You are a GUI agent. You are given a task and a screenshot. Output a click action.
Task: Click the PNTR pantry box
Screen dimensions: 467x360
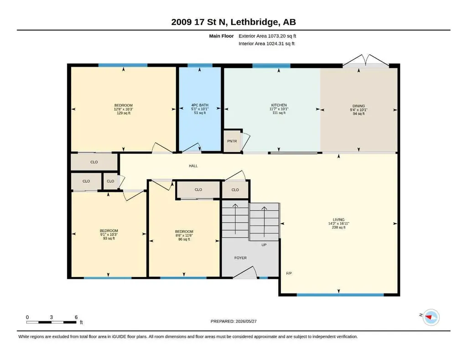(232, 141)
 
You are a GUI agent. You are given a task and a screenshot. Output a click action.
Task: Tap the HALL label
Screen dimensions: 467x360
(193, 166)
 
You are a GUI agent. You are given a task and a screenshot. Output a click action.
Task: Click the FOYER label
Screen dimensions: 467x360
(240, 258)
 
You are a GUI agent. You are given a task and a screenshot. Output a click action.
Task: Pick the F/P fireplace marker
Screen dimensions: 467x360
(289, 273)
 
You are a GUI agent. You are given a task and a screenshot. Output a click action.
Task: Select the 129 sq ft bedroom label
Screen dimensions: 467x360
(124, 109)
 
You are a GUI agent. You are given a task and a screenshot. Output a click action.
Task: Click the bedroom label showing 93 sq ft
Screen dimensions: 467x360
(109, 234)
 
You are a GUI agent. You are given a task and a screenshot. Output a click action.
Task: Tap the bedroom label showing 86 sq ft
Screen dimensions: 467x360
(184, 235)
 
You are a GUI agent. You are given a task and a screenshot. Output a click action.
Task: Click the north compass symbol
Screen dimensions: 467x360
(431, 317)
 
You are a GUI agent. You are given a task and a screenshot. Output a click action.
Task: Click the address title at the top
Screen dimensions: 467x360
(233, 22)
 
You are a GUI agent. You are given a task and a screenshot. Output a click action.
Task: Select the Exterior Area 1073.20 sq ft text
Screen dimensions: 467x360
(267, 36)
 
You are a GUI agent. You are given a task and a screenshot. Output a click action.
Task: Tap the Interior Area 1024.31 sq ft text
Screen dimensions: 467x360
(266, 43)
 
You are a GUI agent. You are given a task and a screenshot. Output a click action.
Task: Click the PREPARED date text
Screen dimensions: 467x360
(233, 321)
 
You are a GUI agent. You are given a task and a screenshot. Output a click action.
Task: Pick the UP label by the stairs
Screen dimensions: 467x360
(264, 245)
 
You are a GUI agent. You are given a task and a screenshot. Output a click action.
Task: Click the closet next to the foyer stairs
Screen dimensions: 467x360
(235, 190)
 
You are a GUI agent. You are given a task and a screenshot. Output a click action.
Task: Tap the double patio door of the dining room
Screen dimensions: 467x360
(366, 61)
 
